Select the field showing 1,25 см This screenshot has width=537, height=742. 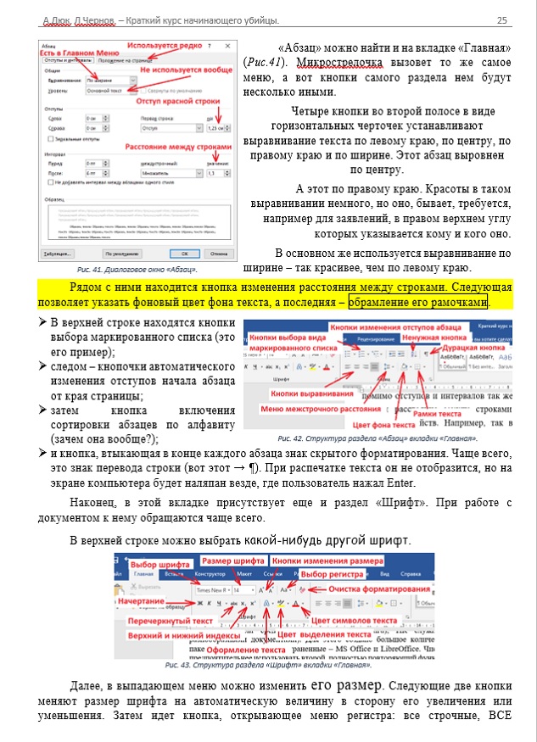pyautogui.click(x=218, y=127)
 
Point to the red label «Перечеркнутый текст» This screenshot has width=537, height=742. pyautogui.click(x=159, y=621)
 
